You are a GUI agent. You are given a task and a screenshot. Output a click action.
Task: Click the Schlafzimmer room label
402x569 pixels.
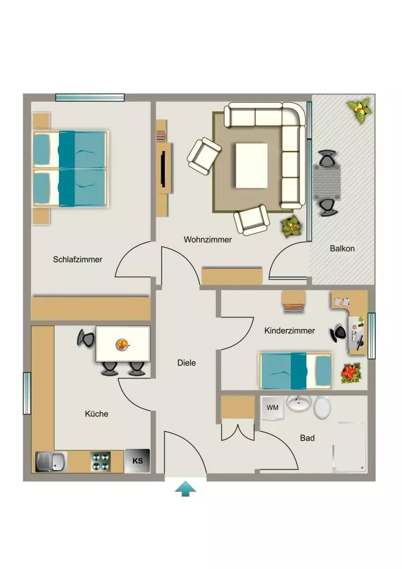coord(77,259)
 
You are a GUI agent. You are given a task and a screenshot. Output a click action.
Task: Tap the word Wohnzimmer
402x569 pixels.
coord(208,239)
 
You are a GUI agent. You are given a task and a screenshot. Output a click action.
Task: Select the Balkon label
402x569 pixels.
coord(342,248)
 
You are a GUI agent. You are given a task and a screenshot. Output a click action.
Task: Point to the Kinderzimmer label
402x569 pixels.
coord(290,331)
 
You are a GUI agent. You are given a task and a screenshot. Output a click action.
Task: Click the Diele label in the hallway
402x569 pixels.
coord(187,363)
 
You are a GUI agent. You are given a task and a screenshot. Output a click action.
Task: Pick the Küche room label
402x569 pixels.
coord(97,413)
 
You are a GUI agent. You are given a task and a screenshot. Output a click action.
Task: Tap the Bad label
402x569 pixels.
coord(307,438)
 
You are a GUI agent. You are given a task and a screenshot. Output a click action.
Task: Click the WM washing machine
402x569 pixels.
coord(272,407)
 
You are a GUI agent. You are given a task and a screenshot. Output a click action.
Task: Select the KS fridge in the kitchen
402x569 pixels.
coord(137,461)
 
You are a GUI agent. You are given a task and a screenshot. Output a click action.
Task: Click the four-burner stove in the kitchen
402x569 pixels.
coord(101,461)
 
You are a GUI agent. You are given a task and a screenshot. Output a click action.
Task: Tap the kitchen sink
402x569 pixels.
coord(51,462)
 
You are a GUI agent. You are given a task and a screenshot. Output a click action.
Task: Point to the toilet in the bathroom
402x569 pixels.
coord(322,407)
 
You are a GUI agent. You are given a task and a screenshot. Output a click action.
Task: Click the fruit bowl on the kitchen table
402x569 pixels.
coord(122,345)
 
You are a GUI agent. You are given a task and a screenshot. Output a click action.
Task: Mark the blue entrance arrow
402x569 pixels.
coord(186,488)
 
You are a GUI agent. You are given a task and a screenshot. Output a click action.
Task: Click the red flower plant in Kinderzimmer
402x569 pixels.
coord(350,373)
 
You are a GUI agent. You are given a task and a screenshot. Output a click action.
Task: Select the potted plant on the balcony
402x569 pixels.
coord(360,110)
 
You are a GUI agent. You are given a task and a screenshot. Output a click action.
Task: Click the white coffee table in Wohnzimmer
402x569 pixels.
coord(252,166)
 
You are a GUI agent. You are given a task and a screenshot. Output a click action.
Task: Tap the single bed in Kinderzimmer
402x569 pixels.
coord(295,371)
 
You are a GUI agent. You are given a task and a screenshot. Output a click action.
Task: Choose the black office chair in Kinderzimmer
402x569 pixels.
coord(338,333)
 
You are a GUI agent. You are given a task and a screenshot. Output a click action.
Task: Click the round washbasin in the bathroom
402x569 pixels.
coord(299,404)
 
